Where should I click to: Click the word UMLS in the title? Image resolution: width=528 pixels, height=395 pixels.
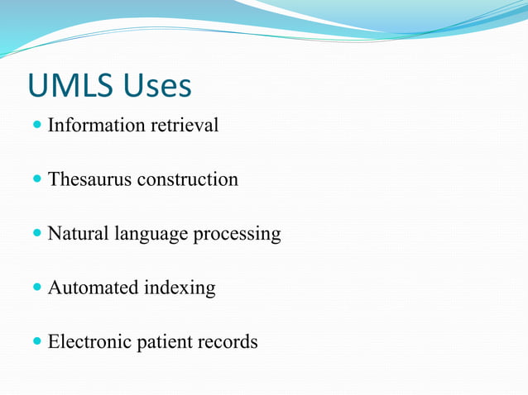[71, 85]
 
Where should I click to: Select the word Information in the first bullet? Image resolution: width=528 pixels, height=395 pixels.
[96, 126]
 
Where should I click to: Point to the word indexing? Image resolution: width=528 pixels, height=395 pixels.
[180, 289]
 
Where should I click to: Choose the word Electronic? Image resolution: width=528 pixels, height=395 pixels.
[88, 341]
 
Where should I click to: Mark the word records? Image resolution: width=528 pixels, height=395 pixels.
[228, 341]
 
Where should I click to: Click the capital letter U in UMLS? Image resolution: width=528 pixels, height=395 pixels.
[38, 85]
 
